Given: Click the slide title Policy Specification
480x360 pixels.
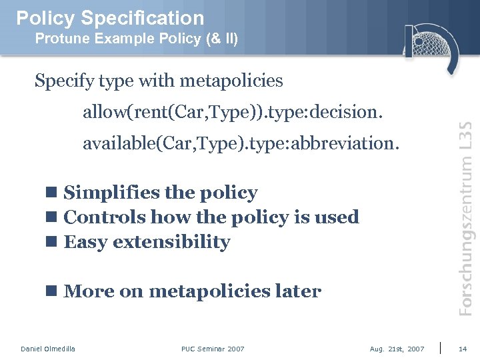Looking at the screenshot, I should [110, 18].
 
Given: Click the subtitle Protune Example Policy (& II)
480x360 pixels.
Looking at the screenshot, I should [136, 39].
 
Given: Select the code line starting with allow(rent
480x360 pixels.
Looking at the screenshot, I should [233, 112].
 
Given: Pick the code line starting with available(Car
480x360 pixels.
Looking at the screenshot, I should [241, 143].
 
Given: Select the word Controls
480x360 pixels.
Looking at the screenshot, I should [105, 217].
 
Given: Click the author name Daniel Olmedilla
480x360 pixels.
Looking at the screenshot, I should [48, 349].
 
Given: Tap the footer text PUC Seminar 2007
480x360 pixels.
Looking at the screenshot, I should [213, 349].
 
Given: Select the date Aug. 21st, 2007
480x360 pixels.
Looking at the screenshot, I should [397, 349].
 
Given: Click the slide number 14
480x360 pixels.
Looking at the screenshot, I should [463, 349].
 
